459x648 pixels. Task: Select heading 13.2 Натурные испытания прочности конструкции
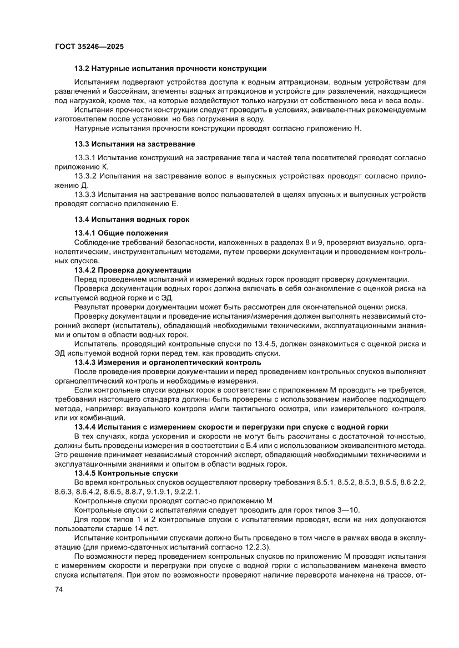click(170, 69)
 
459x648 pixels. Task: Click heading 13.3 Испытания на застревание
click(134, 144)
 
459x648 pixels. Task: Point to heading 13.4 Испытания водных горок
click(132, 219)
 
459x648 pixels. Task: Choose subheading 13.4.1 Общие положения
click(121, 233)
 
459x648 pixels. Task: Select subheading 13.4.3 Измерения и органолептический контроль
click(167, 363)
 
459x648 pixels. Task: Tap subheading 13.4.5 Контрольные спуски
click(126, 473)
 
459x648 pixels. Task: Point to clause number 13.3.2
click(85, 176)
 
